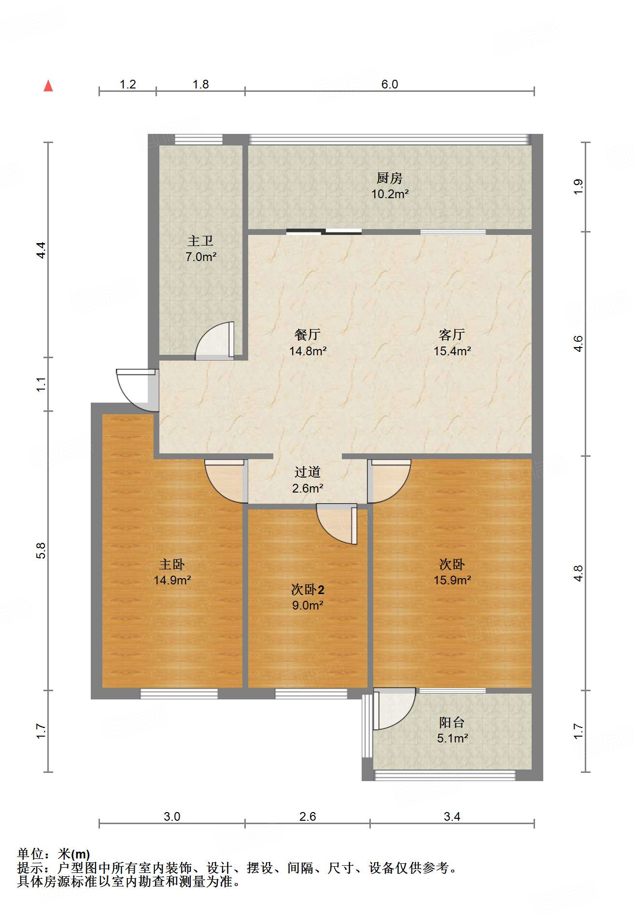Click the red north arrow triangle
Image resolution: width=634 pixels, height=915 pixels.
pyautogui.click(x=48, y=86)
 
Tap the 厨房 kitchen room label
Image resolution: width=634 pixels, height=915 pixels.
pyautogui.click(x=390, y=178)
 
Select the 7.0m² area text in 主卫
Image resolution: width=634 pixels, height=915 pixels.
pyautogui.click(x=201, y=257)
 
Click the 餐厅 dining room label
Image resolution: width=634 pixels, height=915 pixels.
pyautogui.click(x=308, y=334)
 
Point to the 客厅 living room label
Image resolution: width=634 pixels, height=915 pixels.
pyautogui.click(x=452, y=334)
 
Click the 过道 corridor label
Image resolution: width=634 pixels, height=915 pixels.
pyautogui.click(x=308, y=472)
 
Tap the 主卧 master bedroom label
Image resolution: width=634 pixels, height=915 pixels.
pyautogui.click(x=172, y=564)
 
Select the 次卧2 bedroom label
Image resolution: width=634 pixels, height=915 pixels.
pyautogui.click(x=308, y=590)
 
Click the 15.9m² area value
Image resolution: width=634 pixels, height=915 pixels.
pyautogui.click(x=452, y=580)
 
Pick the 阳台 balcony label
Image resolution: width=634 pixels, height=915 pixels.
pyautogui.click(x=452, y=723)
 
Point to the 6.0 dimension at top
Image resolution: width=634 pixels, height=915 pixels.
pyautogui.click(x=390, y=84)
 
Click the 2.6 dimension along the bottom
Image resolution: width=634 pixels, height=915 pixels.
pyautogui.click(x=308, y=816)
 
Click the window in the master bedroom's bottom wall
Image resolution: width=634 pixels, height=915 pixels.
pyautogui.click(x=179, y=694)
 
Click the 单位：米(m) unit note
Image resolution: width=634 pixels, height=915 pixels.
pyautogui.click(x=54, y=855)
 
